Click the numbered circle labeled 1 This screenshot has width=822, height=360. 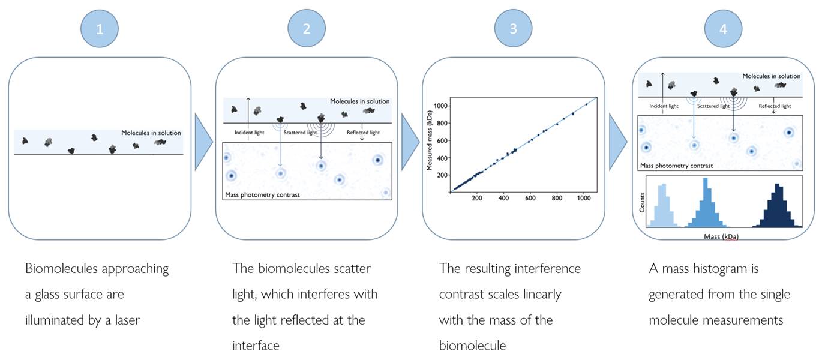pos(100,29)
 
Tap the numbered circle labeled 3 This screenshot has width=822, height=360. pos(513,28)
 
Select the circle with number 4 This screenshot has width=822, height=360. pos(723,29)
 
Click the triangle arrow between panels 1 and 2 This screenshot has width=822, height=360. pos(203,142)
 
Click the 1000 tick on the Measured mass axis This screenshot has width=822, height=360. pos(440,106)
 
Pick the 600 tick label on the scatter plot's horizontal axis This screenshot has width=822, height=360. pos(530,198)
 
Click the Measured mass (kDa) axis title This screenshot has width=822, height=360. pos(430,140)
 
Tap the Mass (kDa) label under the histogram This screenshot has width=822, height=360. pos(721,236)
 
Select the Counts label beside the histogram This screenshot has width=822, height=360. pos(642,203)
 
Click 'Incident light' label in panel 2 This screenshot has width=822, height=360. pos(249,133)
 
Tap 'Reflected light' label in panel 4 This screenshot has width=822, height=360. pos(775,106)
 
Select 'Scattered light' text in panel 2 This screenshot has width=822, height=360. pos(300,133)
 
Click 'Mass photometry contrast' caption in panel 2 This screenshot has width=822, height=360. pos(262,195)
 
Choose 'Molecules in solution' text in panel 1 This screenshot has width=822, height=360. pos(151,133)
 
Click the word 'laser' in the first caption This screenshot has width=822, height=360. pos(127,320)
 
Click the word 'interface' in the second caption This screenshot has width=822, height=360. pos(256,346)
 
